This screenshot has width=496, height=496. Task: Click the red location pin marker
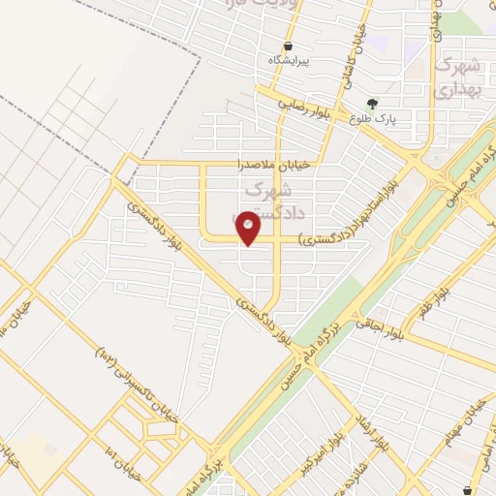(x=249, y=228)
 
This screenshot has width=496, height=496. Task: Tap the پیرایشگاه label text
(x=290, y=60)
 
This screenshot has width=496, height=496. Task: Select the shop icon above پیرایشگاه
(x=289, y=46)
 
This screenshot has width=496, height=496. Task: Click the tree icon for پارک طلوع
(x=372, y=103)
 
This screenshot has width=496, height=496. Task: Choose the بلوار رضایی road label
(x=308, y=106)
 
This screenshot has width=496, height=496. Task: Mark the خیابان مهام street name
(x=455, y=426)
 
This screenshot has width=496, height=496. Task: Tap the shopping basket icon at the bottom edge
(x=470, y=490)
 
